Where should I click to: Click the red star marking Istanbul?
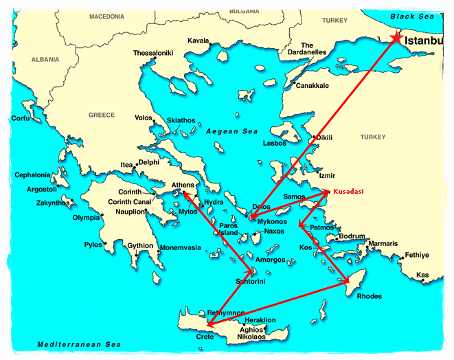coord(396,38)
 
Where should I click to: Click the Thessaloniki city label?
coord(152,53)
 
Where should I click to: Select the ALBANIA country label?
coord(45,60)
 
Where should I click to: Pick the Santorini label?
coord(251,282)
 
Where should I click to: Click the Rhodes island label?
coord(369,297)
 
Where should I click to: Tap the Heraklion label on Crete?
coord(261,320)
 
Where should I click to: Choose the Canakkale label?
coord(312,86)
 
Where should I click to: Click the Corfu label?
coord(21,118)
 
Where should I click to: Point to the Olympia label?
coord(87,218)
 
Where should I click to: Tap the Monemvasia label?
coord(180,247)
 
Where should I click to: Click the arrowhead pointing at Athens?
coord(184,194)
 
